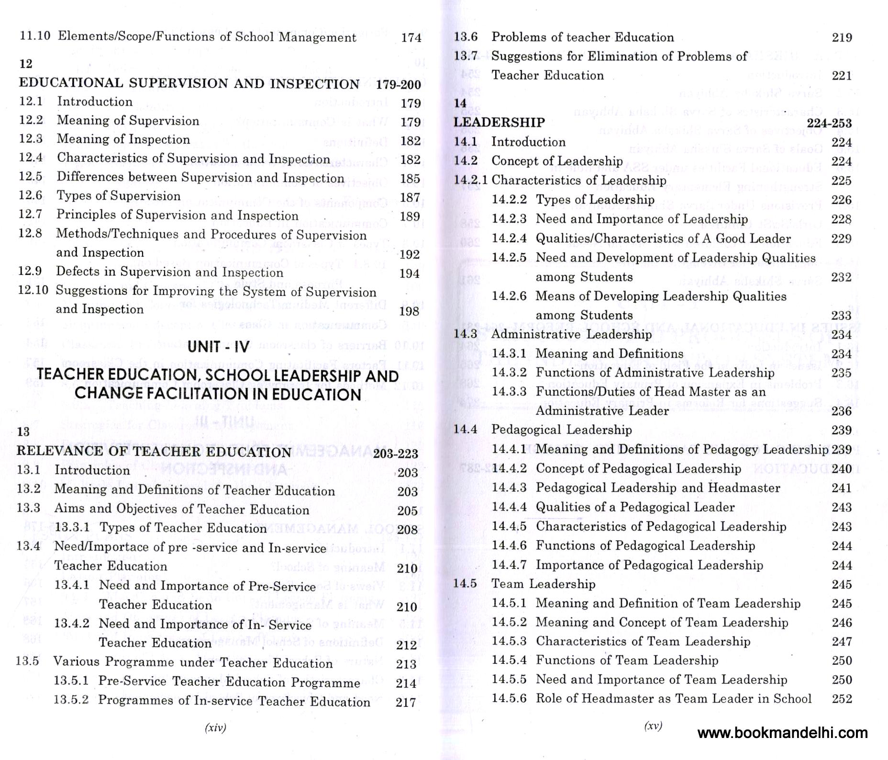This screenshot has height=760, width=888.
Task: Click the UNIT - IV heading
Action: point(218,346)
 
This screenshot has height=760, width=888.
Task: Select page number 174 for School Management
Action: point(411,37)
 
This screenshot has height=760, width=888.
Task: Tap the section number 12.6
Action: point(31,195)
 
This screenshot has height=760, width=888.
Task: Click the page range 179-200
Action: point(398,85)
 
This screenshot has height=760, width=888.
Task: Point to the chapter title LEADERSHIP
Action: point(499,123)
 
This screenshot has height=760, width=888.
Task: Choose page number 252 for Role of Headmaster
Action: point(842,699)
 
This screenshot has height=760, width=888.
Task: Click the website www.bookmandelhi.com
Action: point(782,733)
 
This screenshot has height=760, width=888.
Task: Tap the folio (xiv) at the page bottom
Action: point(215,728)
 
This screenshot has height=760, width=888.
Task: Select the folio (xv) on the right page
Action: point(653,726)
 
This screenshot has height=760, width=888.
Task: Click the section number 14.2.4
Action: point(509,238)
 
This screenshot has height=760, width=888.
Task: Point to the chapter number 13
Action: point(23,431)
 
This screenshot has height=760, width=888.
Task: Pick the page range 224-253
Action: point(829,123)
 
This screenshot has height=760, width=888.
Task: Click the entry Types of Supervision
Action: point(119,196)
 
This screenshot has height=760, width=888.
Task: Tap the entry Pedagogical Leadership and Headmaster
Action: point(658,488)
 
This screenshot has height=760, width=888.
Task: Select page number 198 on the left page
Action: point(409,311)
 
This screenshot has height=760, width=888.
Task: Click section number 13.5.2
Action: point(71,700)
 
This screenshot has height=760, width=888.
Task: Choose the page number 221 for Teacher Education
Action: point(842,76)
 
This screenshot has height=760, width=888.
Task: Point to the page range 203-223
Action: point(395,454)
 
